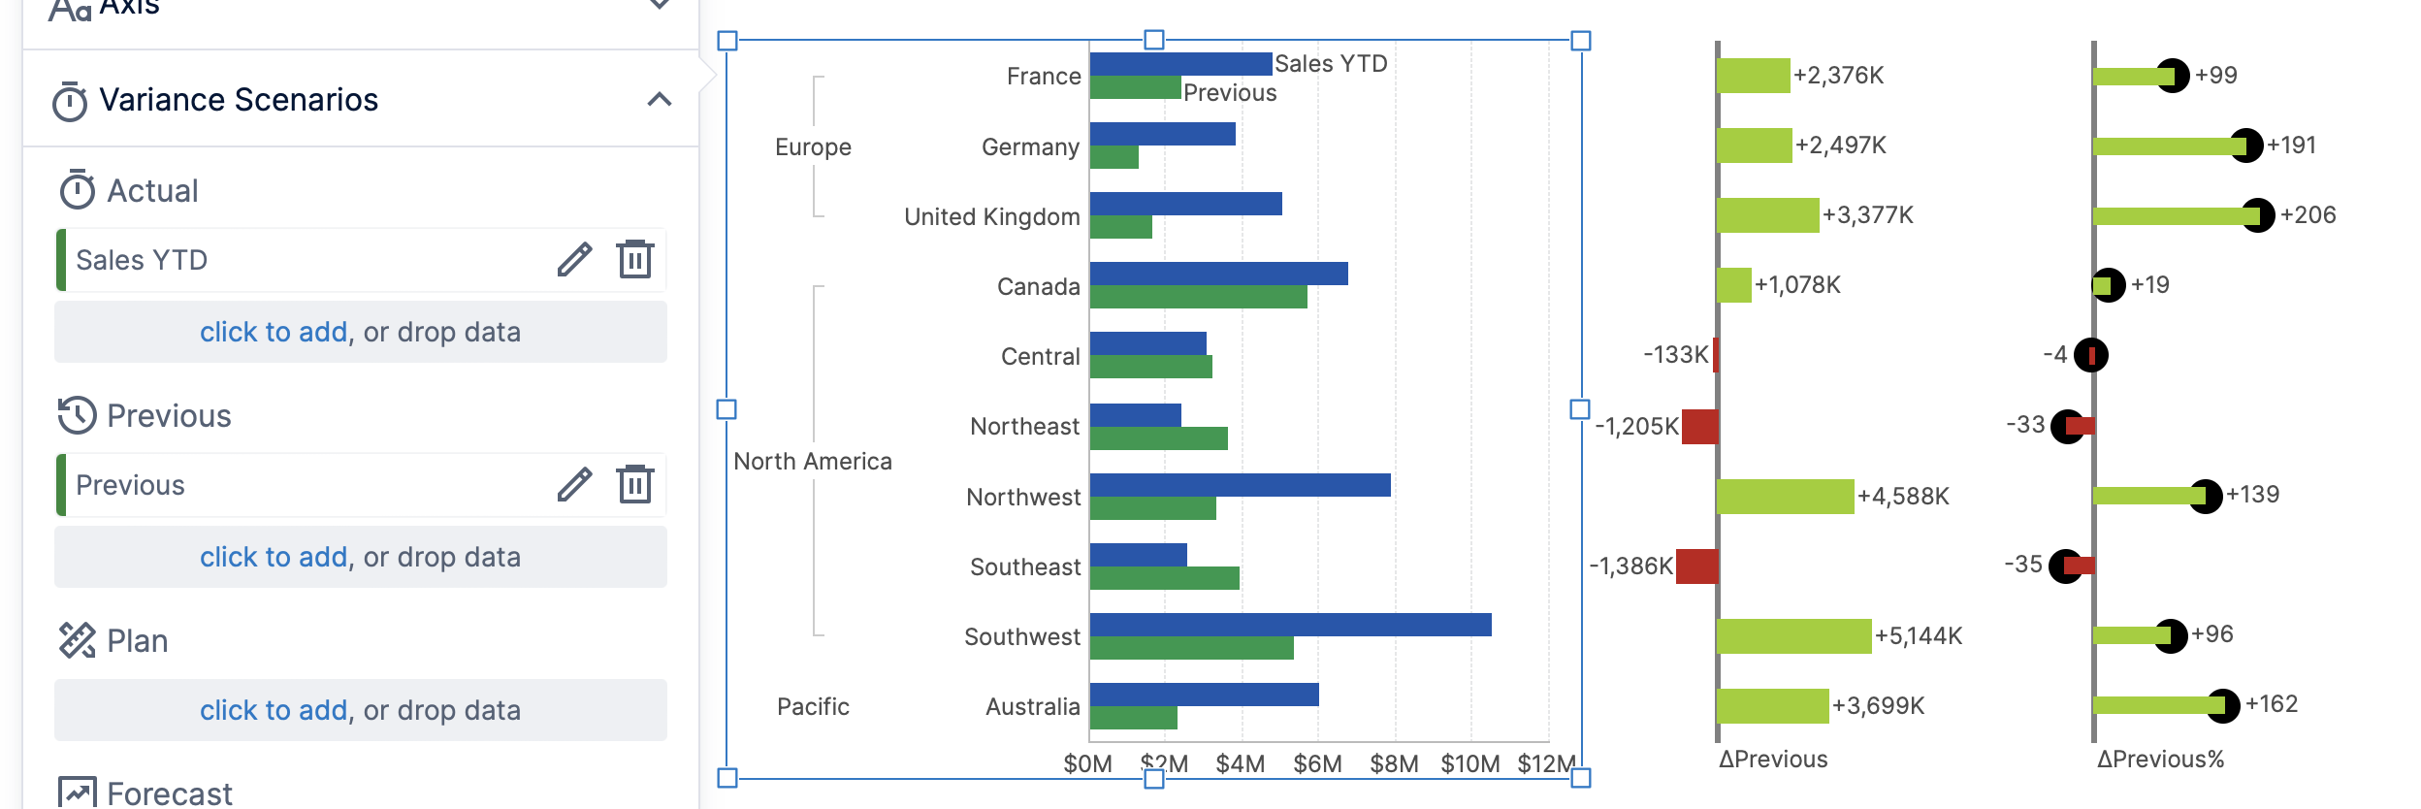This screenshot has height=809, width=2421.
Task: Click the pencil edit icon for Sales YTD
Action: [574, 260]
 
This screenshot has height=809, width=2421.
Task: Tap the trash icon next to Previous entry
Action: [635, 484]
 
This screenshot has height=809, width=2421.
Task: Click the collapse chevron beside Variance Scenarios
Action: [660, 99]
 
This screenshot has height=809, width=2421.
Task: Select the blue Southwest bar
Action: [1290, 625]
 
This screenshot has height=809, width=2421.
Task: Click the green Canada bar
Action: [1198, 298]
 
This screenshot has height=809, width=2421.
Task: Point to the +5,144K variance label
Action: [1918, 636]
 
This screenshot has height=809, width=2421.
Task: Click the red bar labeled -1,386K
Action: [1696, 566]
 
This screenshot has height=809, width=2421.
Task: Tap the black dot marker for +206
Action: [2258, 215]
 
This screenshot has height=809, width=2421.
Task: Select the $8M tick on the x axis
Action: [1394, 764]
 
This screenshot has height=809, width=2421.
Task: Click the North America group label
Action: [812, 462]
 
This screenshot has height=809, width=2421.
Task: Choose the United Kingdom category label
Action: [991, 217]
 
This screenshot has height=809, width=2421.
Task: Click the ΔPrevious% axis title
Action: [2160, 760]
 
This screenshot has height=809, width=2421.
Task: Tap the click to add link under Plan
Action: [273, 711]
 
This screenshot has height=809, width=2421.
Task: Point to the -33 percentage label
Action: [2024, 425]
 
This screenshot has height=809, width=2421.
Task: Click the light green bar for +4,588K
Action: [1785, 497]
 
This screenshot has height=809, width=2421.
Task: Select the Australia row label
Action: [1032, 707]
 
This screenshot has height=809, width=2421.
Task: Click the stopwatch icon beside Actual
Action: [77, 190]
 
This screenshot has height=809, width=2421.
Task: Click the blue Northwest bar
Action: [1240, 485]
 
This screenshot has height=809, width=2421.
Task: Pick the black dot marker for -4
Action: [2090, 356]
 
